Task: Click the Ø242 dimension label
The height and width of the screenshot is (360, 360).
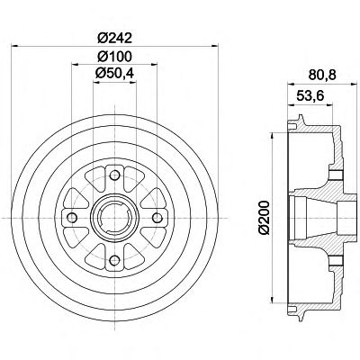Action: [115, 38]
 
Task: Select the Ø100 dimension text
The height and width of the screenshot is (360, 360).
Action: [115, 56]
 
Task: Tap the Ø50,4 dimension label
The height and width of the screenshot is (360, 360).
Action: [114, 73]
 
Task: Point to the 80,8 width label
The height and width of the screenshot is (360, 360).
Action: [322, 75]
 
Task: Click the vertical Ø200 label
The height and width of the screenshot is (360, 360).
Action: [265, 218]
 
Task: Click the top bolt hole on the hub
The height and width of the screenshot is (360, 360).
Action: [114, 175]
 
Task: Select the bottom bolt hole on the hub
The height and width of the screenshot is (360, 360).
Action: [114, 260]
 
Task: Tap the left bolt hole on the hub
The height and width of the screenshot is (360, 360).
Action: [72, 218]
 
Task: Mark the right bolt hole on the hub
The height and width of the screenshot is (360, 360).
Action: [157, 218]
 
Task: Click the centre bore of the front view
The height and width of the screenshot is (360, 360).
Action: [114, 218]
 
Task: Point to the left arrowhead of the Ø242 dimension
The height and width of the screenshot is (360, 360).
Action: [14, 46]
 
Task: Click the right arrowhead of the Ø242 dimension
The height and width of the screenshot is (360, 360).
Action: [215, 46]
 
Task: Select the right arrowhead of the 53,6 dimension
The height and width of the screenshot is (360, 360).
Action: [329, 104]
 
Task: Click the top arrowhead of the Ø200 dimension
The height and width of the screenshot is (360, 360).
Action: [272, 136]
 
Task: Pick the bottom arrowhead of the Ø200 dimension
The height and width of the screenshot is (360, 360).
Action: [272, 300]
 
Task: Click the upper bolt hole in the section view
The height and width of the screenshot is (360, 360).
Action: [337, 175]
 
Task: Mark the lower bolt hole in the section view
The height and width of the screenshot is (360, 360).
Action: [337, 261]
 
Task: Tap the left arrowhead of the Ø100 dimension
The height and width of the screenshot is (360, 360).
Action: [76, 64]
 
